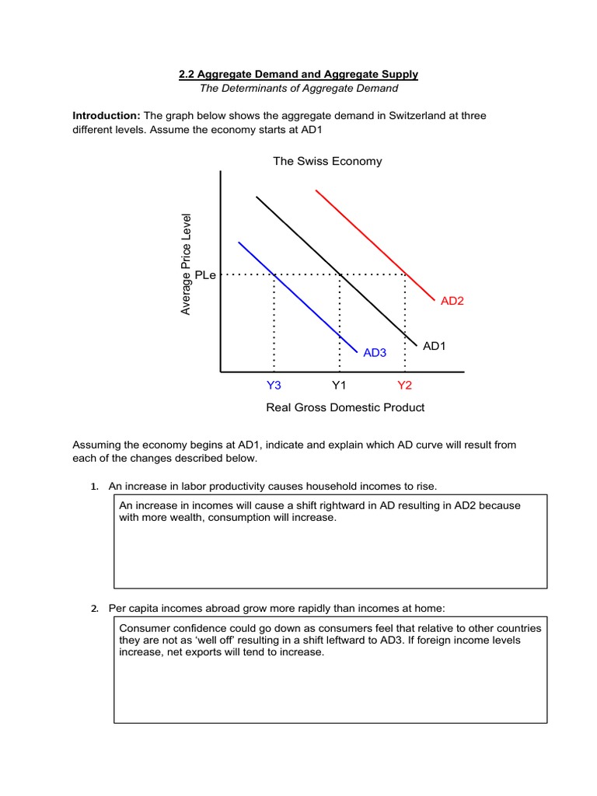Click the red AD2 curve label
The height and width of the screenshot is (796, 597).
452,301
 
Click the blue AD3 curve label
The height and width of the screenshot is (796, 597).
375,353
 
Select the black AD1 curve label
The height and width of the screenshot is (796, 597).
434,346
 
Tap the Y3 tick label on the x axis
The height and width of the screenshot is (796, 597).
273,385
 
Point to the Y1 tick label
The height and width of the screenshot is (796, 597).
339,385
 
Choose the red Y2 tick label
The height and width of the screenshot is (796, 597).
404,385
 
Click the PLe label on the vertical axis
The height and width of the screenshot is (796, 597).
206,274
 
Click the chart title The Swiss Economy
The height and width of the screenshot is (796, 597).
327,161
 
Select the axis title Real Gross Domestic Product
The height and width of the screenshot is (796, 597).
345,407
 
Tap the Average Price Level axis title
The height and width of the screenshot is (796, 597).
186,264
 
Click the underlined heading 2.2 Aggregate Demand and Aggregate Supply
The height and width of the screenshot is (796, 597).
298,74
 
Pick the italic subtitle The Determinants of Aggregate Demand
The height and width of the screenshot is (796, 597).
298,88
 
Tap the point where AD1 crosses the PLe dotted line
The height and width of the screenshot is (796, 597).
340,274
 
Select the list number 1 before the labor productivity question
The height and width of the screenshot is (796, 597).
93,487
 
